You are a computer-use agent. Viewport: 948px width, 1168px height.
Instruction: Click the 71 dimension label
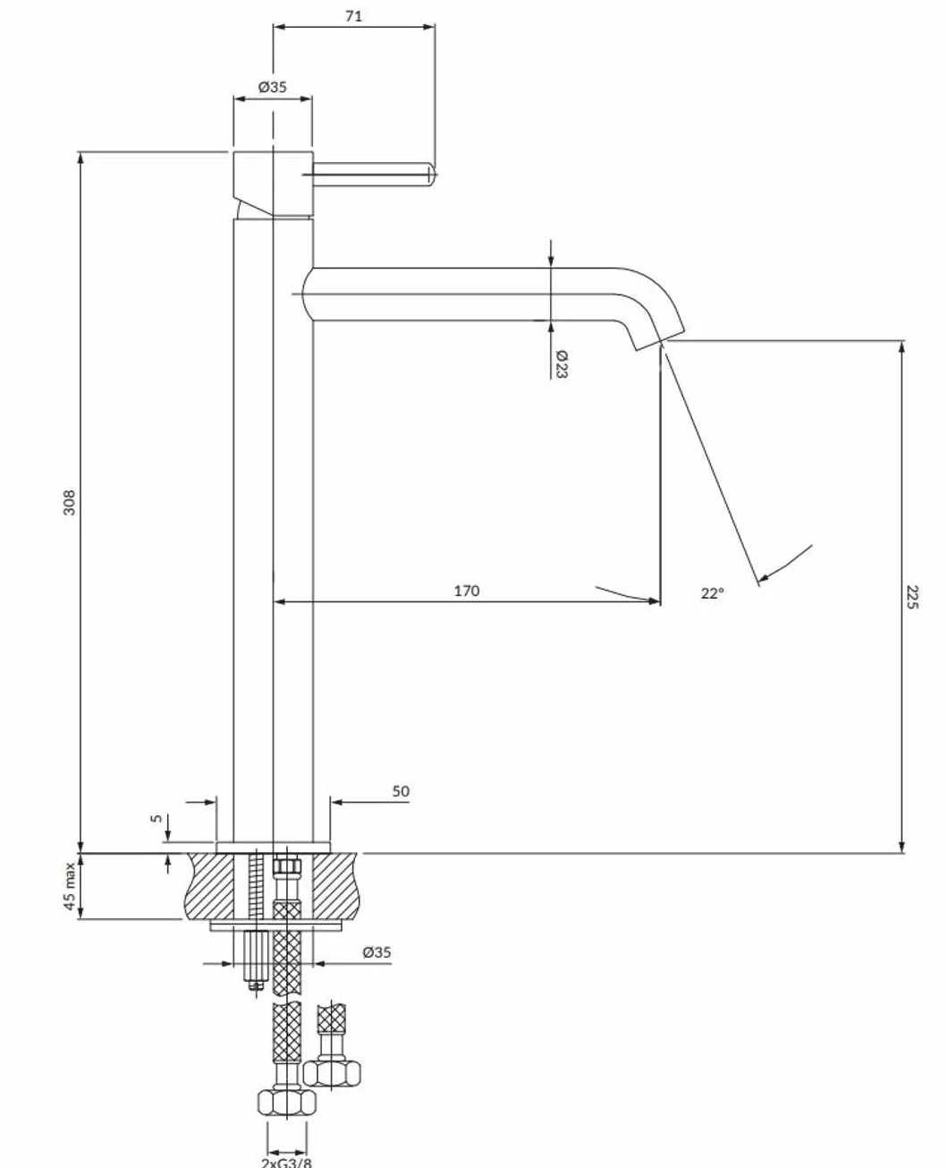tap(353, 16)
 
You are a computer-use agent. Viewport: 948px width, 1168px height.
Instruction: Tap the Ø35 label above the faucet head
tap(273, 87)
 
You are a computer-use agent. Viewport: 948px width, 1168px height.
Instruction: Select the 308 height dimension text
tap(70, 502)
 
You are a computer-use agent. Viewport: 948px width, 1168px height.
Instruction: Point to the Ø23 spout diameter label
tap(562, 364)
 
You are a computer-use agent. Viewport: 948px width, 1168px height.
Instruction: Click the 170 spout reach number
tap(466, 591)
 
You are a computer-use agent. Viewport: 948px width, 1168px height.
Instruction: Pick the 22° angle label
tap(712, 593)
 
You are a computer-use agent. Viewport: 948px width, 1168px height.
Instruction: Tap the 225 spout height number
tap(912, 597)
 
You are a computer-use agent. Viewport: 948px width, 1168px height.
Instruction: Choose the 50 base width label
tap(401, 791)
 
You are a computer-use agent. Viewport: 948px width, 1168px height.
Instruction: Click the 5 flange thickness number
tap(157, 818)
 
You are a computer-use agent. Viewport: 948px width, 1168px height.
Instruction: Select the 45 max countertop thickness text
tap(70, 886)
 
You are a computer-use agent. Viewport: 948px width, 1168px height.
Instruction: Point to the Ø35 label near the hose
tap(377, 952)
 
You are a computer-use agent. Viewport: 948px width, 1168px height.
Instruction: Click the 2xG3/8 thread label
tap(286, 1162)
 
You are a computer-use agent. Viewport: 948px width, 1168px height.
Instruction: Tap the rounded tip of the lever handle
tap(432, 175)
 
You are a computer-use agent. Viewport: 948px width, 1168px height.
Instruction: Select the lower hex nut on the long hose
tap(286, 1102)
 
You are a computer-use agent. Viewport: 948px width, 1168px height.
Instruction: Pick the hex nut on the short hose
tap(332, 1073)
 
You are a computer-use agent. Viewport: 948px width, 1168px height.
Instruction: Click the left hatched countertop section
tap(210, 886)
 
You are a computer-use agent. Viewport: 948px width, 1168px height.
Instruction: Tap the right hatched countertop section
tap(336, 886)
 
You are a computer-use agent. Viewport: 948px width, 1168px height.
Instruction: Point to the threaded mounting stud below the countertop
tap(255, 959)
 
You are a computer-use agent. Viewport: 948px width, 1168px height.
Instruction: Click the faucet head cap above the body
tap(274, 183)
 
